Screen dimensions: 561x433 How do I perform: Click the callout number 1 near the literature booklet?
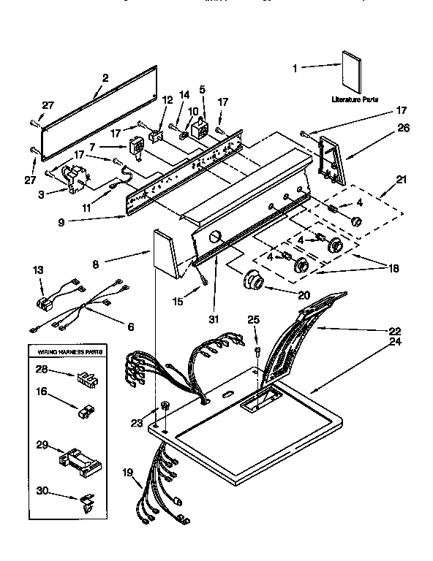click(x=296, y=68)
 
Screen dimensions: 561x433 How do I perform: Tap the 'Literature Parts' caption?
click(x=354, y=99)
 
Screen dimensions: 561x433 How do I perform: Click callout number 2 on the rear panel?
click(x=105, y=78)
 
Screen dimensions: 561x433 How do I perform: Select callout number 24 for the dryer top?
click(x=396, y=340)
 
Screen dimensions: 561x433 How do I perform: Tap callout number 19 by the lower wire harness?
click(x=129, y=472)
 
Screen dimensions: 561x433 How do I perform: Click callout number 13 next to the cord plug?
click(x=37, y=270)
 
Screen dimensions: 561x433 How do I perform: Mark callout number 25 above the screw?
click(x=254, y=318)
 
